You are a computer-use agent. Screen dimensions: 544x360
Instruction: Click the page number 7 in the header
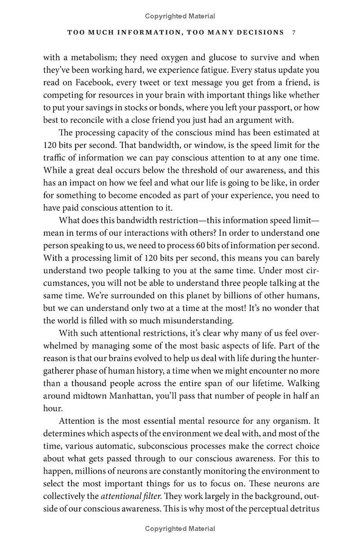pos(293,32)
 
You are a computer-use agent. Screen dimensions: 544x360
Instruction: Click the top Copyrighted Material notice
pos(180,16)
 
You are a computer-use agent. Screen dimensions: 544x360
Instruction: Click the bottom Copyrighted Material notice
pos(180,529)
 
